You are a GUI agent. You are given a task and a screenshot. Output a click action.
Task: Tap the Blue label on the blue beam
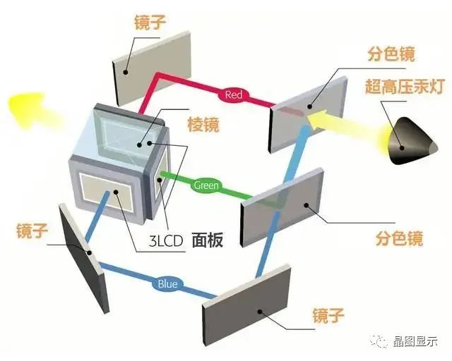coord(167,284)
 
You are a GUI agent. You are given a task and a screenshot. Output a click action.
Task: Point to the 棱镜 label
coord(203,126)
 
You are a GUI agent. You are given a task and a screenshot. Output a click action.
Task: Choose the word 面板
coord(207,240)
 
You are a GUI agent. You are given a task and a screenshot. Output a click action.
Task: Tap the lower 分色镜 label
coord(398,238)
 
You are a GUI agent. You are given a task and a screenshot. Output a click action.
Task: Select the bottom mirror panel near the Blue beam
coord(247,302)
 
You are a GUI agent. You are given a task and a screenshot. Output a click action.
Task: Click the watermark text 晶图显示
coord(417,341)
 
